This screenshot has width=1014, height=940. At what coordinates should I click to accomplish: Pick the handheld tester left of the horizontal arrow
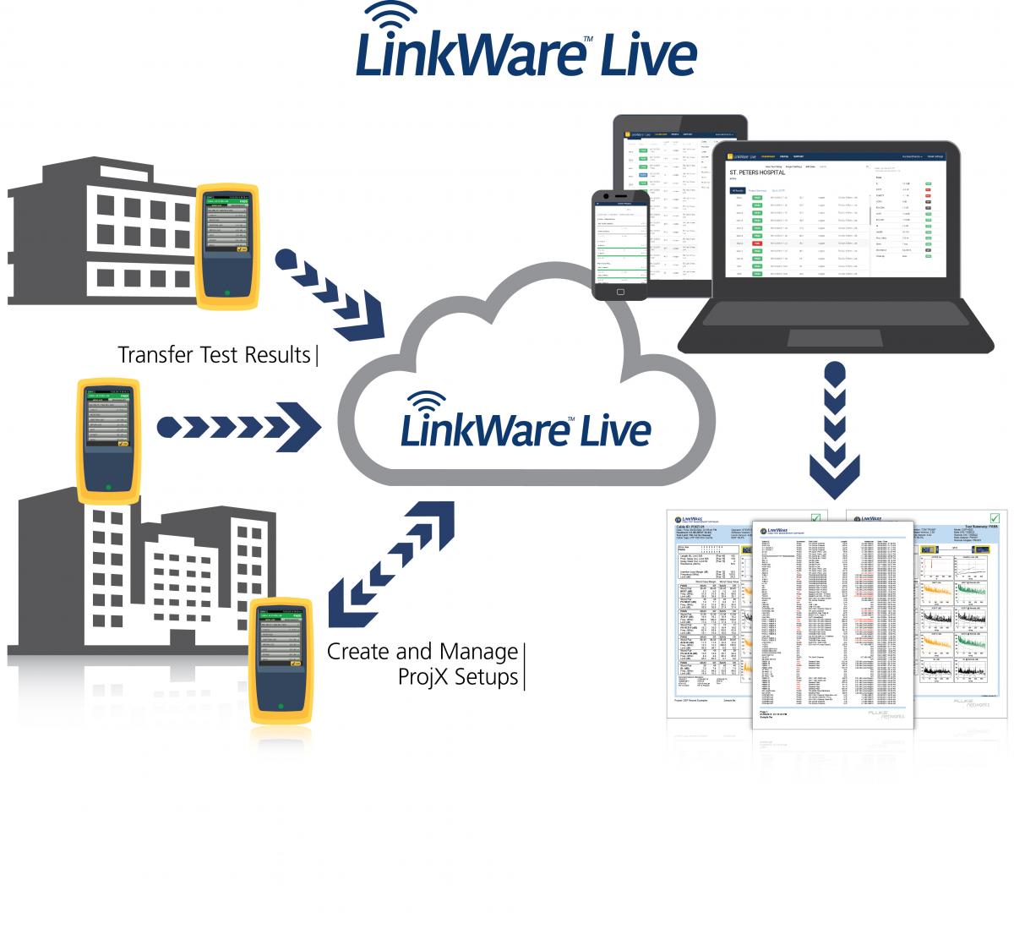click(x=108, y=440)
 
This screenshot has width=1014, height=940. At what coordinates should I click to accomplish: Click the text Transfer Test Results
click(x=214, y=354)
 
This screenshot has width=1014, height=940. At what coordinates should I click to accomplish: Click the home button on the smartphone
click(x=620, y=291)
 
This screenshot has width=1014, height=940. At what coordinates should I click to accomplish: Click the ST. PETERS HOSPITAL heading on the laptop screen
click(x=757, y=172)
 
